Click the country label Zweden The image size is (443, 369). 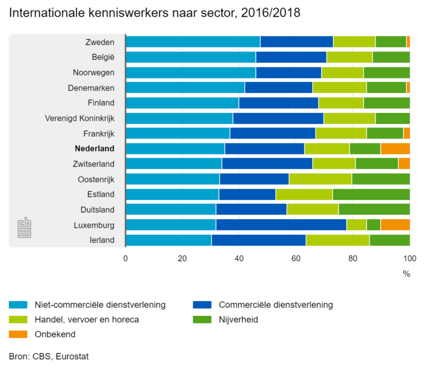[100, 42]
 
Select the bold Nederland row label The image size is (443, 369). [95, 149]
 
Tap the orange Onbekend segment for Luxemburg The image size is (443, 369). [395, 225]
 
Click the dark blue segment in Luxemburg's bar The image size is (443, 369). [281, 225]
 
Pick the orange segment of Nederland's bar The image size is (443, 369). [395, 149]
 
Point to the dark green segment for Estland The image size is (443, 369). [371, 194]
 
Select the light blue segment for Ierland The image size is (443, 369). [168, 240]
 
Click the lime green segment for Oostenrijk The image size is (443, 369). [320, 179]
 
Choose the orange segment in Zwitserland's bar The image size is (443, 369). [404, 164]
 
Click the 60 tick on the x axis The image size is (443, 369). [296, 259]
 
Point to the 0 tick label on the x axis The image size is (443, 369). [126, 259]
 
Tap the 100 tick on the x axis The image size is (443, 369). [410, 259]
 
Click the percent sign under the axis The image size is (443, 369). [407, 274]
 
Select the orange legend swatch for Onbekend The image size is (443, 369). [18, 334]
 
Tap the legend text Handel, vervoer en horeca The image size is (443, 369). [87, 319]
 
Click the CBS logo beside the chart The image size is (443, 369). [24, 228]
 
